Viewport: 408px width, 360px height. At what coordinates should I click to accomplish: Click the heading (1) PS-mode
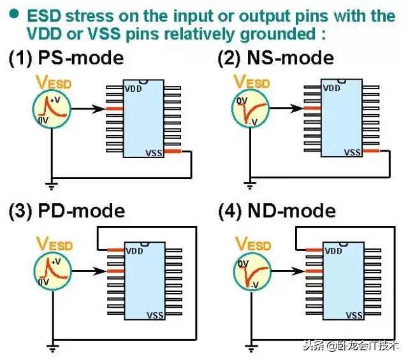click(66, 59)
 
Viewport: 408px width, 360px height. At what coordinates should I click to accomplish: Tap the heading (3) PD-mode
click(66, 211)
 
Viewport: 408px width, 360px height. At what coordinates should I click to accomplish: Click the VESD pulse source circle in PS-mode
click(50, 109)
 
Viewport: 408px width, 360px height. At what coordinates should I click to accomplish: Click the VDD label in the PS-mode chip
click(133, 89)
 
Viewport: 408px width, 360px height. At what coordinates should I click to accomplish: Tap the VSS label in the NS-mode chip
click(353, 152)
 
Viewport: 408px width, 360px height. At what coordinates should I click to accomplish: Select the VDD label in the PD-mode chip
click(133, 250)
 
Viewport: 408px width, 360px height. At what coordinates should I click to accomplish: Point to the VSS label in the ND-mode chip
click(353, 314)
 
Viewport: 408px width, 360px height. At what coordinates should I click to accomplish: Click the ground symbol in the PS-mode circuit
click(51, 186)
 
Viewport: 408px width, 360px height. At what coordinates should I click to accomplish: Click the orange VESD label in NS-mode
click(250, 82)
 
